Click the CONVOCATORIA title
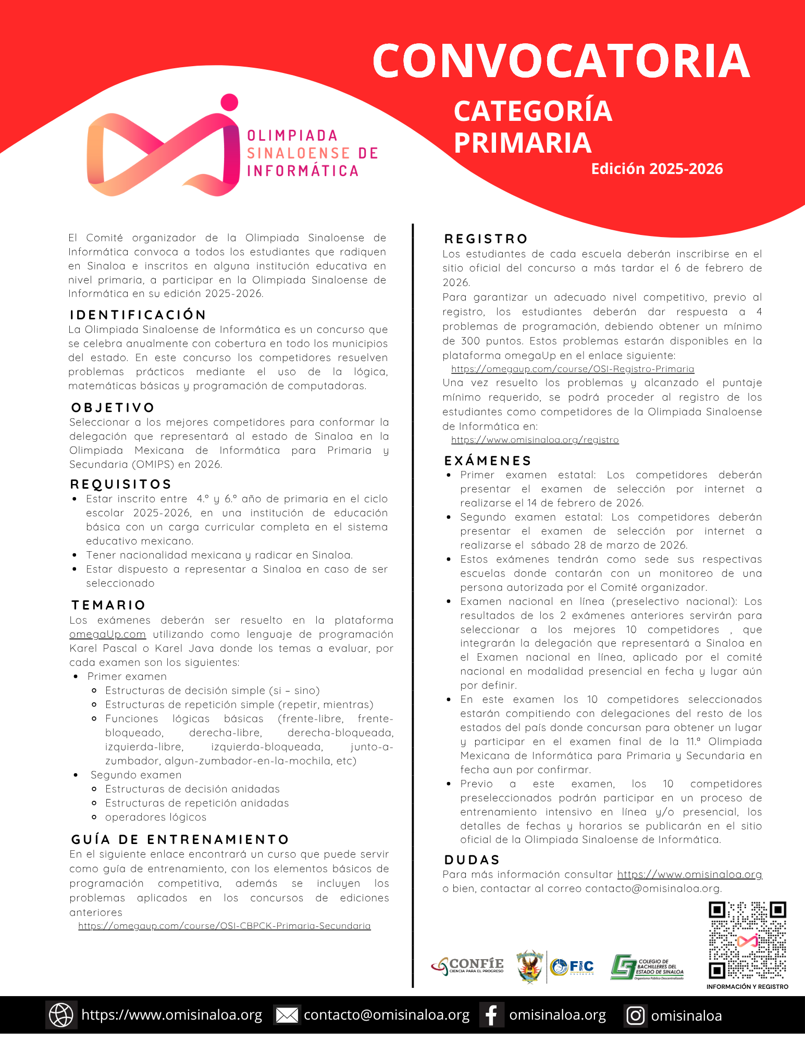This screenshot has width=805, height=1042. click(561, 60)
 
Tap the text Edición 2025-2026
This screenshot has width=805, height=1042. click(657, 169)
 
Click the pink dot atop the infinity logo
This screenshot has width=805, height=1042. click(229, 102)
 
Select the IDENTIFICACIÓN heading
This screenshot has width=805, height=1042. click(138, 315)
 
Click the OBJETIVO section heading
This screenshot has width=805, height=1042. click(113, 407)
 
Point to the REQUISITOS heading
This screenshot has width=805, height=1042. click(121, 484)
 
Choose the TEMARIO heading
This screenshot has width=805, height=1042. click(108, 605)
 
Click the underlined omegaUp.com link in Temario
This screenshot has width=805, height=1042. click(107, 635)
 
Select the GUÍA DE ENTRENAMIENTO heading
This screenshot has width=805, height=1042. click(180, 839)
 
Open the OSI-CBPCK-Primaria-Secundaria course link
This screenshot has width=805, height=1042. click(225, 926)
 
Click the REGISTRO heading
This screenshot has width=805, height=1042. click(486, 239)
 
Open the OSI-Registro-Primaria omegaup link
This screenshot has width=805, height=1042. click(573, 369)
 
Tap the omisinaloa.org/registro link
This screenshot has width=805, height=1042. click(535, 440)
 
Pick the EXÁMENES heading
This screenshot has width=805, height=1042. click(488, 461)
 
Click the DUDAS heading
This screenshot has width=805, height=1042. click(472, 860)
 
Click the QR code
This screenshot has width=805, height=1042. click(747, 940)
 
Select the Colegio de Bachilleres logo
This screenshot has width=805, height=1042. click(647, 967)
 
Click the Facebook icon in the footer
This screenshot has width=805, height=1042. click(491, 1015)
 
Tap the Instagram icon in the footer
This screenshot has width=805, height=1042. click(635, 1015)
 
